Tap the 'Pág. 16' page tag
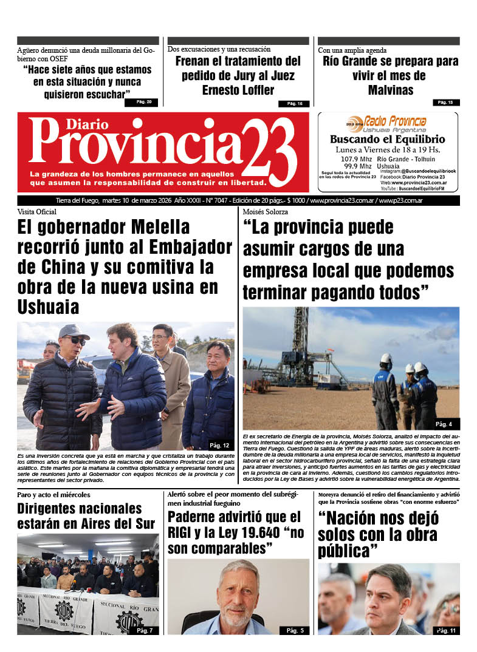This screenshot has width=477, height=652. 295,104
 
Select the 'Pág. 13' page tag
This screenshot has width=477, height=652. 445,102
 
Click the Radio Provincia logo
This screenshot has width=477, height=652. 387,122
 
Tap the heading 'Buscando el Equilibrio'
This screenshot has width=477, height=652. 387,140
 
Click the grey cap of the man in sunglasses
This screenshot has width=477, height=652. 74,331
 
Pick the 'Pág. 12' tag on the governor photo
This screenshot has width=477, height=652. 219,445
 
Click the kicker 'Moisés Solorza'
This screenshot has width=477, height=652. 265,212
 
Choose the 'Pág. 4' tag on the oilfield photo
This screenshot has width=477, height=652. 444,423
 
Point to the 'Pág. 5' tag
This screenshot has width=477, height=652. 295,631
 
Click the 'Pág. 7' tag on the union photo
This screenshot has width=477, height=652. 145,630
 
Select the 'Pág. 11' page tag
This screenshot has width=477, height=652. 447,631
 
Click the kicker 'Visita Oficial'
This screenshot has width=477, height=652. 36,212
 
